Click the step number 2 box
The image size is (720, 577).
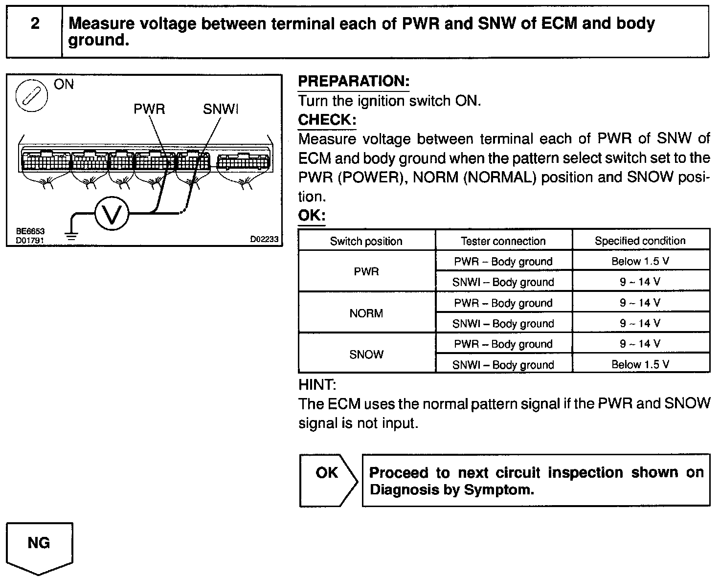pos(35,31)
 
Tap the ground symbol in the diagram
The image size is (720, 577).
pos(72,237)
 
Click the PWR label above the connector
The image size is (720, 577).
pos(150,109)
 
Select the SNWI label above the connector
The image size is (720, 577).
pos(221,109)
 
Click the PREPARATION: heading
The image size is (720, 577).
pos(353,81)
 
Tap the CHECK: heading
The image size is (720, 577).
pos(327,120)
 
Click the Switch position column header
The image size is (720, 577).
pos(366,241)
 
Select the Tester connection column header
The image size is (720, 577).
pos(503,241)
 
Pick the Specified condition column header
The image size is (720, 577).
pos(640,241)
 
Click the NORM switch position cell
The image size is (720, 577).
pos(366,313)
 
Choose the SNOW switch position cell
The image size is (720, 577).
pos(366,355)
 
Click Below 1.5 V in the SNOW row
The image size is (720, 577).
pos(640,364)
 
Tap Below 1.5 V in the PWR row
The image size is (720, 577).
pos(640,261)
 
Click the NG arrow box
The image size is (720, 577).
pos(39,545)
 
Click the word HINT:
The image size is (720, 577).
pos(317,385)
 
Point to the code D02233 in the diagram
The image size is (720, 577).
pos(264,239)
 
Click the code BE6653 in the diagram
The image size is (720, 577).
pos(30,231)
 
